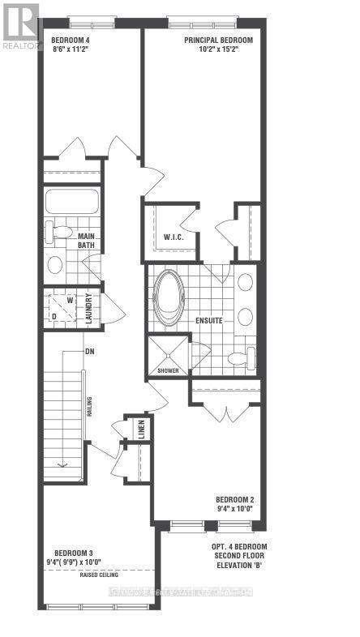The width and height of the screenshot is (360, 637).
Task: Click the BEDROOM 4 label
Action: coord(71,39)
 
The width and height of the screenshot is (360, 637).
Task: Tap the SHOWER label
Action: coord(168,370)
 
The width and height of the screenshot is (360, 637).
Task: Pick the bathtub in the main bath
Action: coord(71,201)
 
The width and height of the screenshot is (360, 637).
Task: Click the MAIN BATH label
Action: coord(87,240)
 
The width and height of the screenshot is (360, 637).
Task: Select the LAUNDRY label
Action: coord(89,308)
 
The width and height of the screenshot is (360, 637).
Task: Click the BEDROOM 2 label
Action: coord(236,499)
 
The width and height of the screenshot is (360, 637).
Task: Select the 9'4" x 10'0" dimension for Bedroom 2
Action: coord(236,509)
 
